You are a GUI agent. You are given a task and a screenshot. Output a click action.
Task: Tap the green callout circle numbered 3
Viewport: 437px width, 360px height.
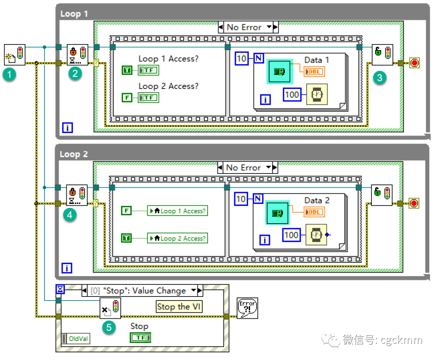(x=379, y=78)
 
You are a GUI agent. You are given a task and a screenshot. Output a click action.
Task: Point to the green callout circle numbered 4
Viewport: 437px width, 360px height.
(x=70, y=215)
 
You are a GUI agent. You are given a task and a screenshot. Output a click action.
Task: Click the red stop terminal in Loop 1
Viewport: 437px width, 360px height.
(x=414, y=63)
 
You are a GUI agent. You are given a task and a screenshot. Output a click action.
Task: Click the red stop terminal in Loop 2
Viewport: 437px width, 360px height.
(x=414, y=203)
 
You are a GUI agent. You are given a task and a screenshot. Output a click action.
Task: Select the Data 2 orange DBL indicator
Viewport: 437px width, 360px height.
(x=314, y=212)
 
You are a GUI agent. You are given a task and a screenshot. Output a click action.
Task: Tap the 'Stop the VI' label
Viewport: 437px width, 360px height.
(x=178, y=307)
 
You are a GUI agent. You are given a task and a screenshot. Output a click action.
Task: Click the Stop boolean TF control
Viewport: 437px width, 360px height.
(x=140, y=337)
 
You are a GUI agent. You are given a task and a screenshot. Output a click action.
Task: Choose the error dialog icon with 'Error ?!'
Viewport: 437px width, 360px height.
(x=247, y=308)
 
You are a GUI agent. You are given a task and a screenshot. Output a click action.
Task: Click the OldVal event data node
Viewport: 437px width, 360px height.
(x=76, y=339)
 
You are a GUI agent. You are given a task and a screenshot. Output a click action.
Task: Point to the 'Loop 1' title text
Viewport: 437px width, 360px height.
(x=74, y=14)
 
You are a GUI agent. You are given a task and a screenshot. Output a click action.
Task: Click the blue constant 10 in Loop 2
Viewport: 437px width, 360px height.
(x=241, y=199)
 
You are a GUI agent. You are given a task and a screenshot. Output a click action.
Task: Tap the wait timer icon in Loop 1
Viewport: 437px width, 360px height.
(x=317, y=95)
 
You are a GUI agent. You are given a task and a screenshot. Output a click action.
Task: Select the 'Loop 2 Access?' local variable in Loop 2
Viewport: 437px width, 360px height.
(x=178, y=238)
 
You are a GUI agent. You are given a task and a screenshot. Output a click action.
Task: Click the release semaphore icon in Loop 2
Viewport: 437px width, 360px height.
(x=382, y=195)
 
